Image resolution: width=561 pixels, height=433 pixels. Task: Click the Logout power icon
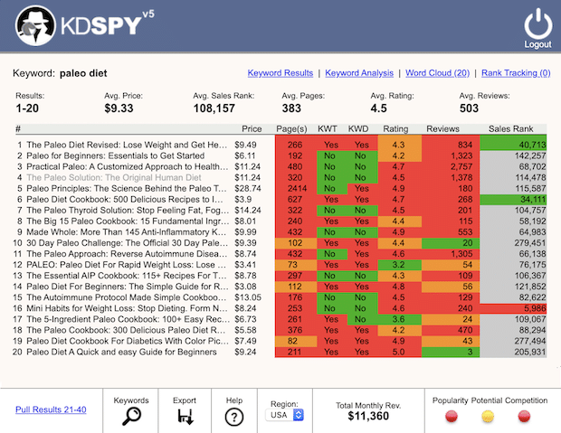click(537, 22)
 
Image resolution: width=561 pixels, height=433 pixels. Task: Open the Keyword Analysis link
click(358, 73)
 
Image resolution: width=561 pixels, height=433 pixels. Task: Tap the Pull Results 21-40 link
click(51, 409)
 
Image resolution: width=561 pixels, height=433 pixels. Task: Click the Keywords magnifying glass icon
click(131, 415)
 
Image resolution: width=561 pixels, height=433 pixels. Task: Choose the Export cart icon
click(185, 415)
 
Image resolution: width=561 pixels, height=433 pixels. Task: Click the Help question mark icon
click(233, 416)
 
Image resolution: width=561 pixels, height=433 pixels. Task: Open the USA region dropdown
click(285, 414)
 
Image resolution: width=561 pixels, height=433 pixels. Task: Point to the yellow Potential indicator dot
click(489, 416)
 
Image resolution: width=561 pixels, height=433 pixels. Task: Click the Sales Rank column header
click(511, 129)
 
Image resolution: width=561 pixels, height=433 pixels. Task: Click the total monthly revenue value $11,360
click(368, 416)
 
